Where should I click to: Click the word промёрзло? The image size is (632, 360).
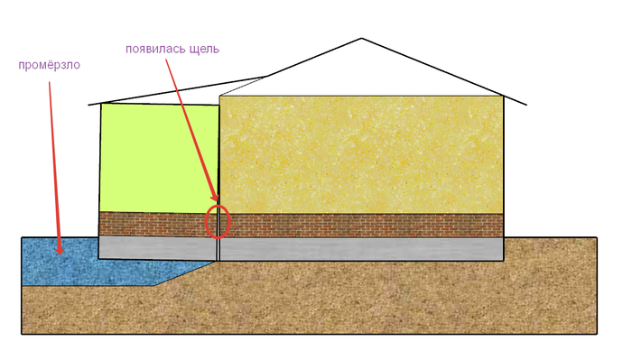[x=49, y=65]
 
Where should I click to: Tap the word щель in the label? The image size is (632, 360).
[x=204, y=50]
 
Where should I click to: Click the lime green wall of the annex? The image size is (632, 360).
[x=159, y=158]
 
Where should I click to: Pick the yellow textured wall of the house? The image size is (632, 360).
[x=361, y=155]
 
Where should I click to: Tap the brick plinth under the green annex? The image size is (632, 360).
[x=157, y=225]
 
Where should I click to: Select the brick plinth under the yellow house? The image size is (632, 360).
[x=361, y=226]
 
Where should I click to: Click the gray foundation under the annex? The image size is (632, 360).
[x=157, y=248]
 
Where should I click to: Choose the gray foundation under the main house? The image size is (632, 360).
[x=361, y=249]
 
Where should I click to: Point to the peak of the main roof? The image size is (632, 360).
[x=361, y=39]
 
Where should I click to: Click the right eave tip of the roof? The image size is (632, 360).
[x=526, y=105]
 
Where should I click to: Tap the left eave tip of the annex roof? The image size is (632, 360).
[x=88, y=105]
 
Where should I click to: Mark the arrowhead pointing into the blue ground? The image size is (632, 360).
[x=60, y=250]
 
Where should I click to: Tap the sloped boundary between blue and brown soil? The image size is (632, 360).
[x=185, y=273]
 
